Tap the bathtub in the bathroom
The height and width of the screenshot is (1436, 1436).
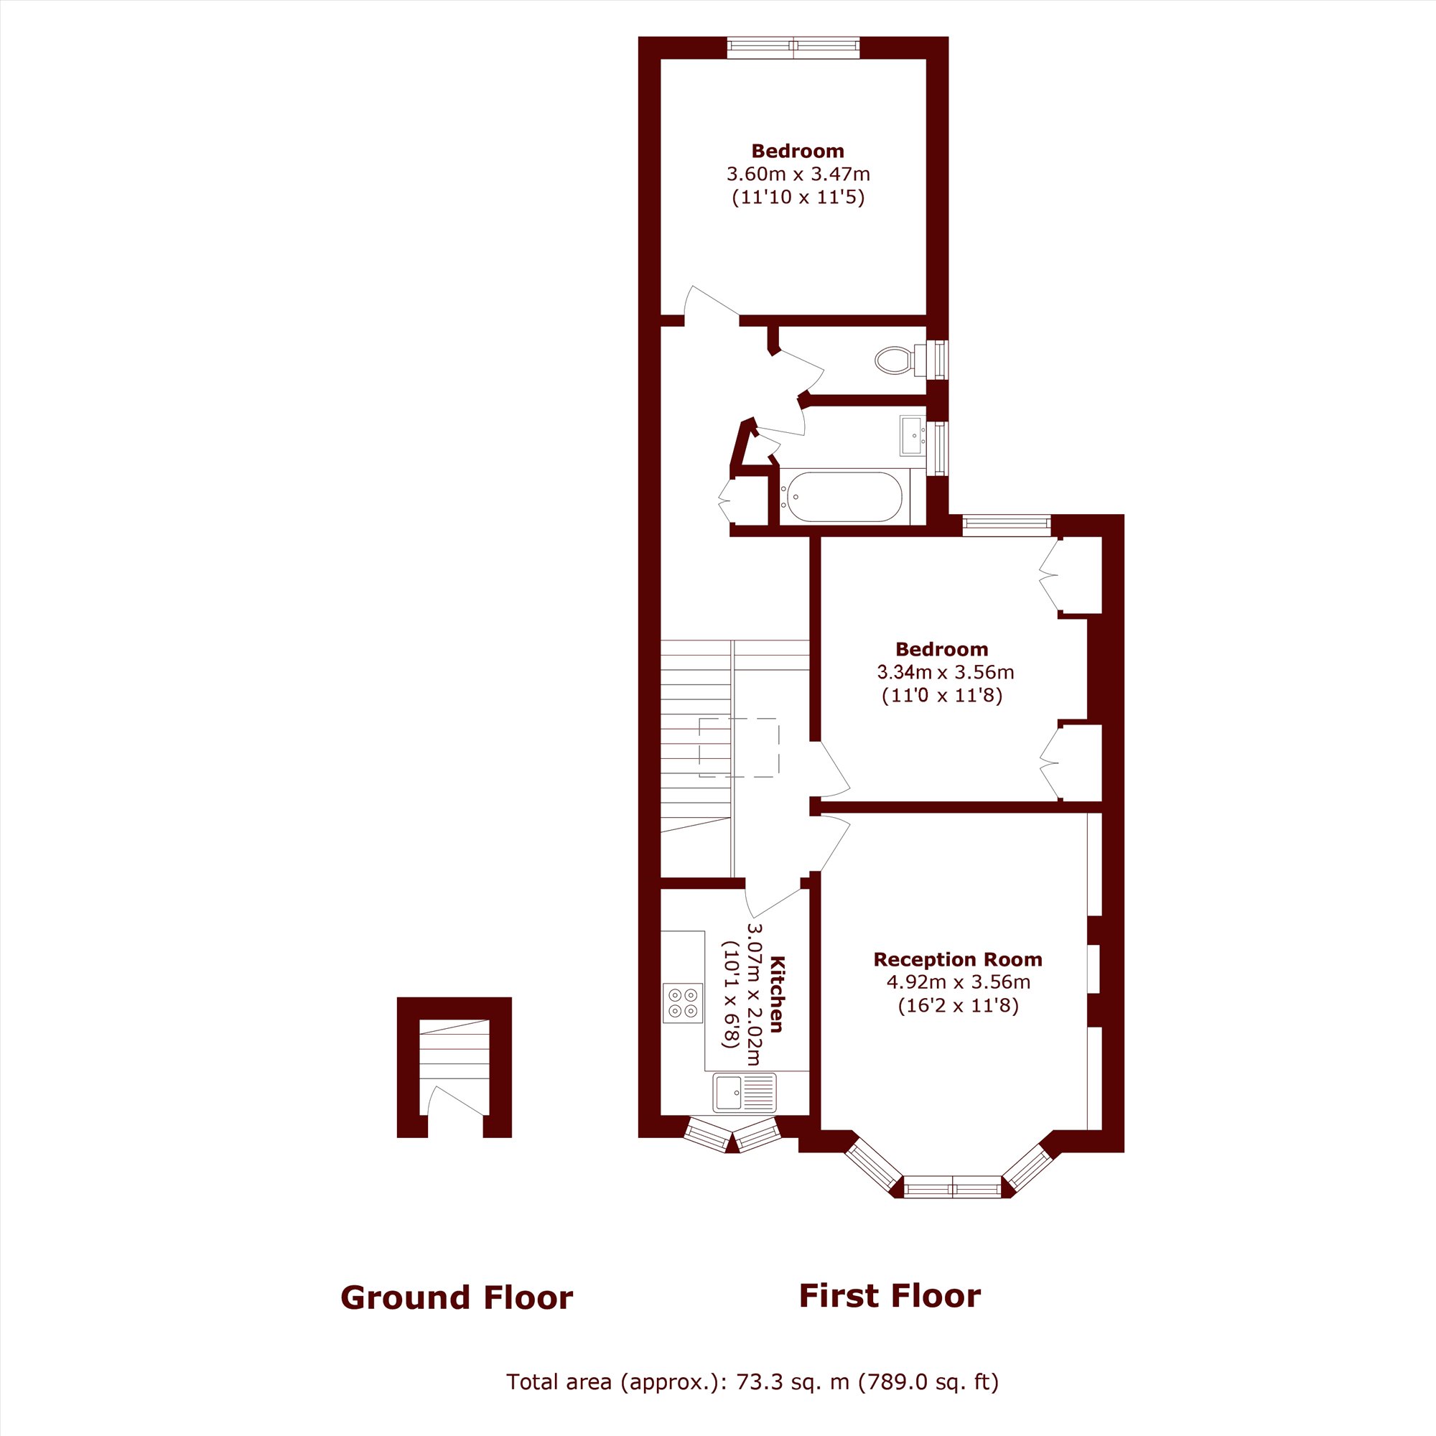coord(844,497)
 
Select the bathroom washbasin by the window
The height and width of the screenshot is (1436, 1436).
coord(912,435)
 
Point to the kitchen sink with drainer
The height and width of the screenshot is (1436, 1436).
coord(744,1092)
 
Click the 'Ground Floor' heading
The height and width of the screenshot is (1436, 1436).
coord(457,1297)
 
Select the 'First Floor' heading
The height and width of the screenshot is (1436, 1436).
coord(890,1295)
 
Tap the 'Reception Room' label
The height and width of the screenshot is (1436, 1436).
coord(958,959)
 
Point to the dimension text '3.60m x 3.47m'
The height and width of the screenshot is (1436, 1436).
coord(798,174)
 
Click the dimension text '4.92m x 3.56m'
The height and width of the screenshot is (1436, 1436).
coord(958,982)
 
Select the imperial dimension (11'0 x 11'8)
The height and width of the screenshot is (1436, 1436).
coord(943,696)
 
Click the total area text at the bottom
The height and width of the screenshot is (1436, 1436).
coord(752,1381)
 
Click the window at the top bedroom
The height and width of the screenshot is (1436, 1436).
coord(793,48)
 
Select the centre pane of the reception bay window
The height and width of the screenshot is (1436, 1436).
coord(953,1187)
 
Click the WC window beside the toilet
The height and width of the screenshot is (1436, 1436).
coord(941,360)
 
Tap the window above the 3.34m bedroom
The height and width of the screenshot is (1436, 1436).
coord(1007,526)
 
